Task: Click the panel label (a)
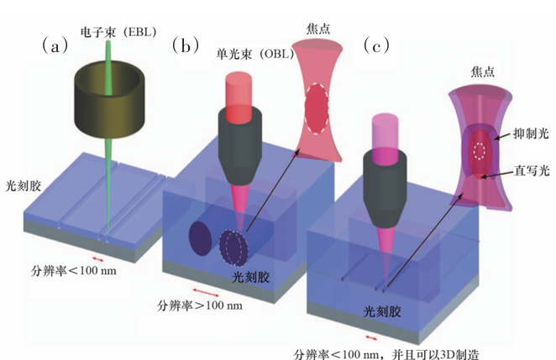(x=55, y=45)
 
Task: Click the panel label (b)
(x=186, y=45)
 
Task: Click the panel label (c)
(x=376, y=45)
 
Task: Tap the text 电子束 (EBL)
(x=118, y=32)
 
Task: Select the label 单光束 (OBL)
(x=255, y=54)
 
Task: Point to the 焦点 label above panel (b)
(x=318, y=29)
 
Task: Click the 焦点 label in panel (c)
(x=483, y=71)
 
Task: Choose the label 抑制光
(x=531, y=133)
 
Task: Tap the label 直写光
(x=532, y=170)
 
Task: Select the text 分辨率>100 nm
(x=200, y=305)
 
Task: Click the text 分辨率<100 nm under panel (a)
(x=74, y=271)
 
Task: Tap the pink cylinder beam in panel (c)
(x=385, y=140)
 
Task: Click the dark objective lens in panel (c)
(x=385, y=188)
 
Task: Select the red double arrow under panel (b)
(x=206, y=293)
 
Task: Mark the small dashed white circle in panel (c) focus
(x=480, y=151)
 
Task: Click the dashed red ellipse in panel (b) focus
(x=316, y=108)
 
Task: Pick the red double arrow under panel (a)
(x=98, y=259)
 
